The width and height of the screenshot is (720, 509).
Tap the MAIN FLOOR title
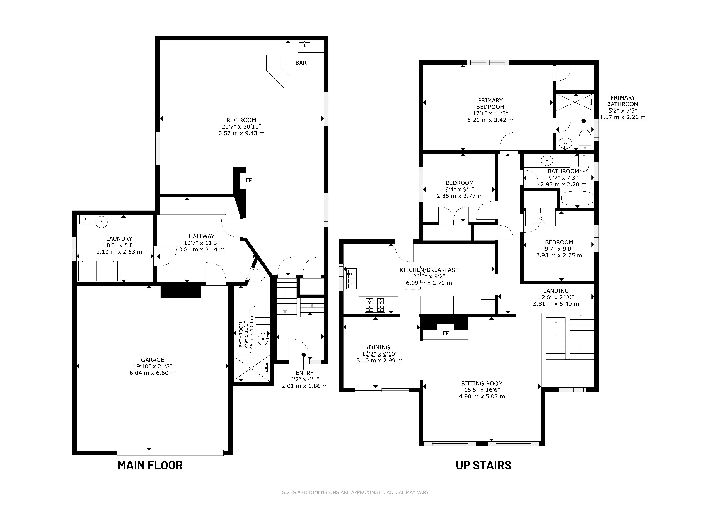pos(150,466)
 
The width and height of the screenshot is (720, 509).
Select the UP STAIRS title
pos(484,466)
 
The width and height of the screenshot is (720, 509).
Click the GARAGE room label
pos(152,360)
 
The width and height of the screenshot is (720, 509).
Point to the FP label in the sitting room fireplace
pos(446,333)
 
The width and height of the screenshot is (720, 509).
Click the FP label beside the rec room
pos(249,180)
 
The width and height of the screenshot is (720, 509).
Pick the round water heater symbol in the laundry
pos(102,222)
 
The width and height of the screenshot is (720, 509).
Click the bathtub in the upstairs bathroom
pos(577,199)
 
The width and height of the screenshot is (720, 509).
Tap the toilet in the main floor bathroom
pos(260,312)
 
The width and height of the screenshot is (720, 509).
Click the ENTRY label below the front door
pos(305,373)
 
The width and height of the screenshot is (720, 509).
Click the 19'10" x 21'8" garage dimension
pos(153,366)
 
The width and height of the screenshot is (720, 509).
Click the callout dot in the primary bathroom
pos(584,121)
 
